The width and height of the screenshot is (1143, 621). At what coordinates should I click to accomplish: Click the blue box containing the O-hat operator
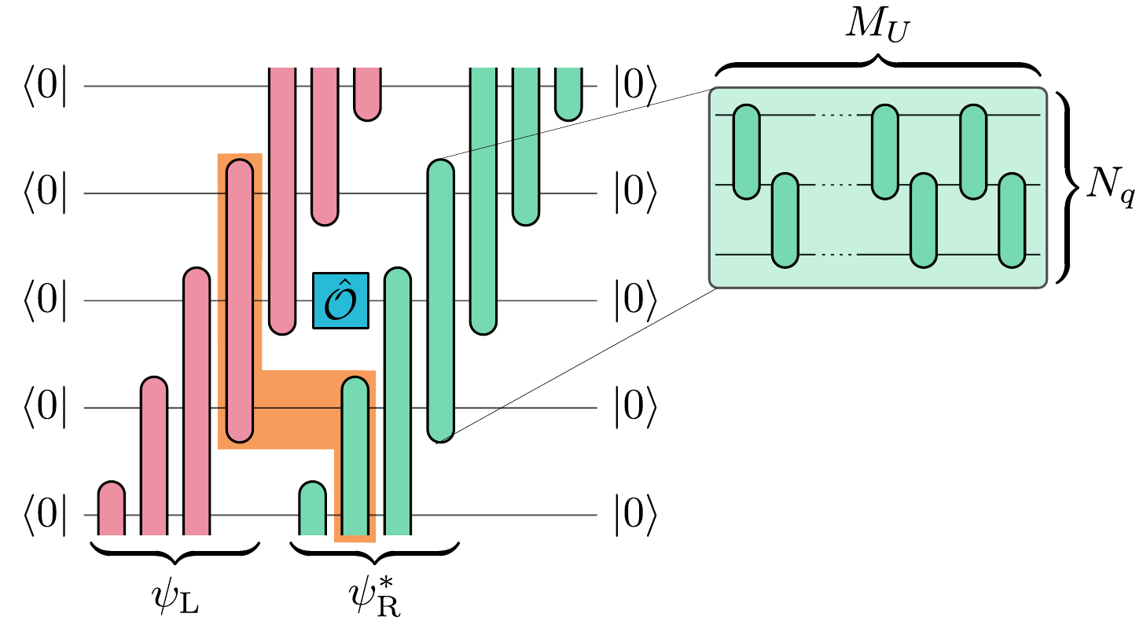(x=340, y=300)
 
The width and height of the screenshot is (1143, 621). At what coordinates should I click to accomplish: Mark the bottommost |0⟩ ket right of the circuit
(x=634, y=516)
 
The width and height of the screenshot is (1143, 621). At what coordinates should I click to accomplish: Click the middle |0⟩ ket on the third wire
(x=634, y=301)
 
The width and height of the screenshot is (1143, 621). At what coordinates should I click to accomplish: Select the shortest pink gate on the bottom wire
(x=112, y=509)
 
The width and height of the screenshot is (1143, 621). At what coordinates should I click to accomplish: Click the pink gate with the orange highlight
(x=240, y=299)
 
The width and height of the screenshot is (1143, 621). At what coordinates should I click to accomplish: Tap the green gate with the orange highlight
(x=355, y=456)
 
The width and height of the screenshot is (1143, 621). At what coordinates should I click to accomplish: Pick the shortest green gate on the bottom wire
(x=313, y=509)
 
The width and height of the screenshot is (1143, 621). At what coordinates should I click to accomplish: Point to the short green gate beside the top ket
(x=568, y=93)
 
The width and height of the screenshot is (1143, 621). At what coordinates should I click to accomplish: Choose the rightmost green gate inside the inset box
(x=1012, y=222)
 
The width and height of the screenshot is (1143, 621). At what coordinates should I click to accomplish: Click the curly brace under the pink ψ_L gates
(x=175, y=550)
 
